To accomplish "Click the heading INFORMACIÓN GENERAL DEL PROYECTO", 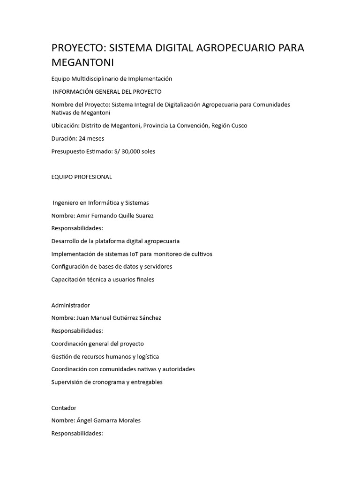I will point(107,91).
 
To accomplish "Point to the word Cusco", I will point(238,126).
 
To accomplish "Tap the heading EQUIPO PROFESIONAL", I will point(82,177).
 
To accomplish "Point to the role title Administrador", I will point(70,305).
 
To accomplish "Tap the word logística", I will point(146,356).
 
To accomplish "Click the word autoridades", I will point(177,369).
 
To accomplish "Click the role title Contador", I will point(64,408).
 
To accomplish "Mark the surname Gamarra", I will point(102,420).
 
